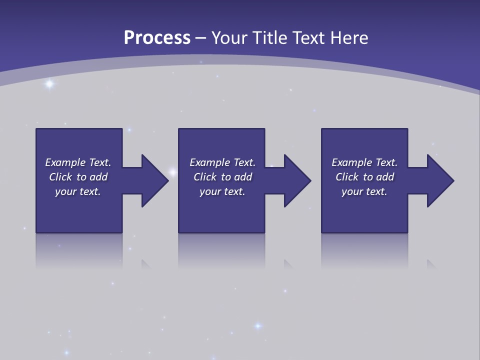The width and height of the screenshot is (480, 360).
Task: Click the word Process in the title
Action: [x=157, y=38]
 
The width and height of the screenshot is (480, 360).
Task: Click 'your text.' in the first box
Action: [x=78, y=191]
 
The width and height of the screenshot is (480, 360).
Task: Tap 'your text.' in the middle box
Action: [x=222, y=191]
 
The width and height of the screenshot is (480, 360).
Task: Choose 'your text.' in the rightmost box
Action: [x=364, y=191]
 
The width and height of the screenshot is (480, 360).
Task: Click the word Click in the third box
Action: [x=347, y=177]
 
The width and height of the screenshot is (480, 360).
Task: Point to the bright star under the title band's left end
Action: [x=49, y=84]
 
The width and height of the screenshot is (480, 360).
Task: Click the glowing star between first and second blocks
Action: [x=173, y=173]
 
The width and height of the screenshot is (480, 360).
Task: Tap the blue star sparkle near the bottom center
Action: [x=258, y=326]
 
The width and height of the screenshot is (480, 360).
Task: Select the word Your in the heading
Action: [x=230, y=38]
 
